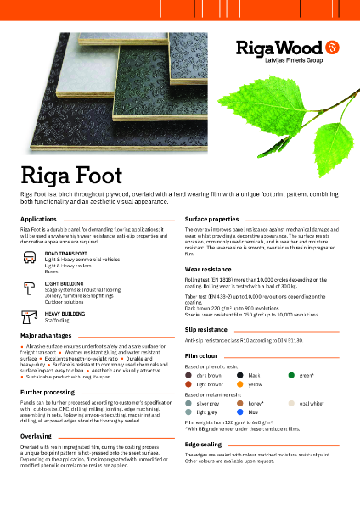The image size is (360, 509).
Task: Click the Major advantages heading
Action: pyautogui.click(x=45, y=336)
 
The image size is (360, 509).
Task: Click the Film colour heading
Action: pyautogui.click(x=201, y=354)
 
